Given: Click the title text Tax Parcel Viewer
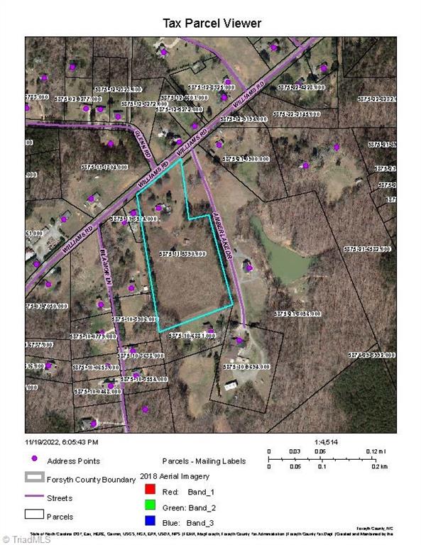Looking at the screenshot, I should point(212,23).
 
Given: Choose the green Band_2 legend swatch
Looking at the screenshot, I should point(148,507).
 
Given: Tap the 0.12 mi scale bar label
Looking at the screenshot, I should point(376,451).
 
